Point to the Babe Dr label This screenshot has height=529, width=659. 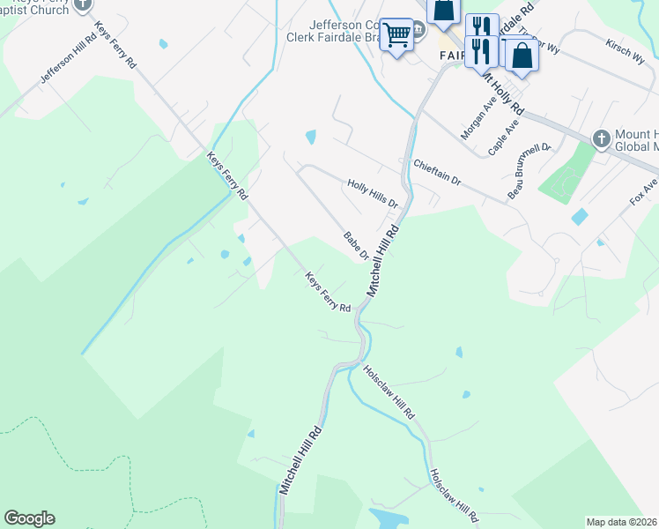355,246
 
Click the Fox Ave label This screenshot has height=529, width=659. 643,193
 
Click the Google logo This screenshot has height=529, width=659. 29,518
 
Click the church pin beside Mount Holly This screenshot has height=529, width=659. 601,138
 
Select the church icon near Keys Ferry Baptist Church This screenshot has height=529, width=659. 83,4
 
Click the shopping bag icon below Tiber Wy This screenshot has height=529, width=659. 522,56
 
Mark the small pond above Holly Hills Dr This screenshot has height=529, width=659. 310,137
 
